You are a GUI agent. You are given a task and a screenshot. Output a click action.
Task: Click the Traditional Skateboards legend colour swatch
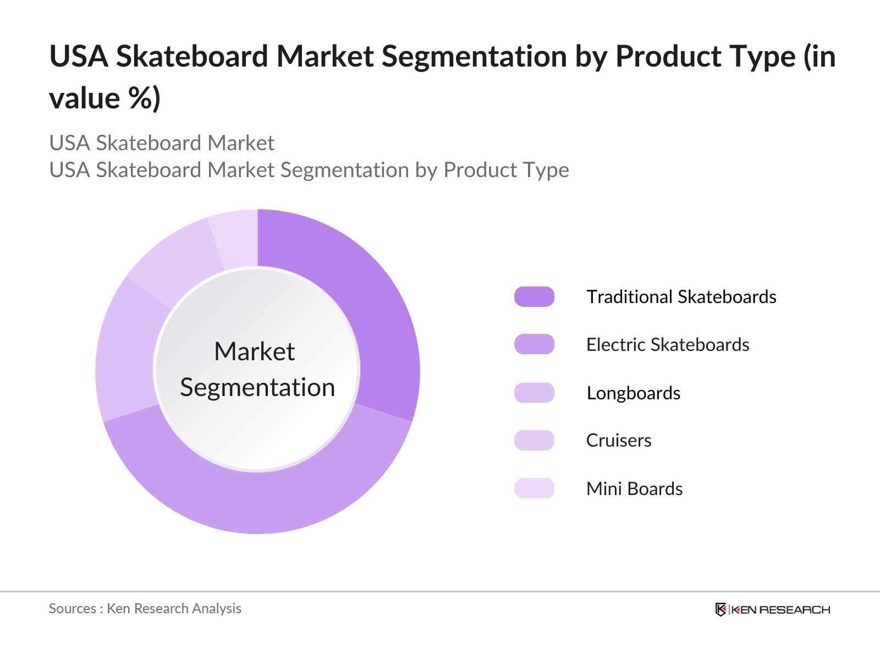point(534,296)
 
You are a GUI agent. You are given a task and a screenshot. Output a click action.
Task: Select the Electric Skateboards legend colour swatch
point(534,344)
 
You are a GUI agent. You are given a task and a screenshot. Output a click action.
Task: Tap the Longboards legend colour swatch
point(534,393)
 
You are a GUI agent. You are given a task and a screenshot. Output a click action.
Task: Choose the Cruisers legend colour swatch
point(534,441)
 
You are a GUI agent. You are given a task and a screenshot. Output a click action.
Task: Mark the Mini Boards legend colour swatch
point(534,488)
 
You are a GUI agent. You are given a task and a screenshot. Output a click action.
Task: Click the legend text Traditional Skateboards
point(681,296)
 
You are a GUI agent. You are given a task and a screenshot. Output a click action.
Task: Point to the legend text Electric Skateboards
point(667,344)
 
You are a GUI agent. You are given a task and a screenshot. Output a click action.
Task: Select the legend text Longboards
point(633,393)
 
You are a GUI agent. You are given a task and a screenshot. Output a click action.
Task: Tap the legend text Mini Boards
point(634,488)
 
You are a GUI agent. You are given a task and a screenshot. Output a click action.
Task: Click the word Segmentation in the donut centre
point(257,387)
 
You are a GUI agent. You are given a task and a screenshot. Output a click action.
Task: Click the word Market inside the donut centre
point(254,351)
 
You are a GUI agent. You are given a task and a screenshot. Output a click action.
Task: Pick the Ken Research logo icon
point(721,609)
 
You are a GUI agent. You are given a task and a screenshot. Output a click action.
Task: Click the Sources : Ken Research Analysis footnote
point(145,608)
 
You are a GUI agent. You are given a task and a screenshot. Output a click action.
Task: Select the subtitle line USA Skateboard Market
point(162,143)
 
